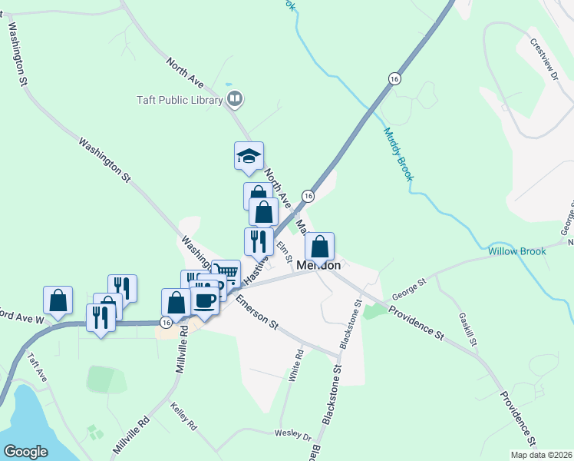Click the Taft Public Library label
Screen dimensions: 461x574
tap(179, 100)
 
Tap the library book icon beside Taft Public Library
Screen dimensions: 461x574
tap(235, 99)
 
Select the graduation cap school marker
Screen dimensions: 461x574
tap(249, 156)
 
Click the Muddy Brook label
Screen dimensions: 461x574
tap(398, 154)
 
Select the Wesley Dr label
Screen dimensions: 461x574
tap(292, 434)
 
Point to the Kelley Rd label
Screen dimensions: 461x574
tap(184, 416)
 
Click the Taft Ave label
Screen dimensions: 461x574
tap(37, 368)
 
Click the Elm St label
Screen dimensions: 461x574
tap(285, 248)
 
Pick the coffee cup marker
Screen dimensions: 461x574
tap(204, 299)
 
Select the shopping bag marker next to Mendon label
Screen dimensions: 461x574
tap(320, 247)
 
